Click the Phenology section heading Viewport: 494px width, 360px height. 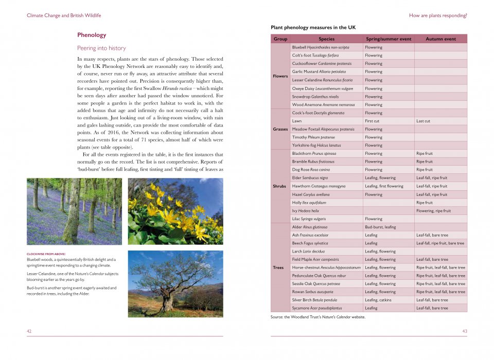tap(92, 35)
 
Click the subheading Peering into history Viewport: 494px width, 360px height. tap(101, 48)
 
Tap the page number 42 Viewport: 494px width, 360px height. tap(29, 331)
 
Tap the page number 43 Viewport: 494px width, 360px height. tap(465, 331)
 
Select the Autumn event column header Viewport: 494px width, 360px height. tap(440, 39)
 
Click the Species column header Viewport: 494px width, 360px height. tap(326, 39)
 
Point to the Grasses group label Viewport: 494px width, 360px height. tap(280, 129)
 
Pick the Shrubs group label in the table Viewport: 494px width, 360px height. tap(280, 186)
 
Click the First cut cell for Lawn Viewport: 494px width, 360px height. tap(372, 121)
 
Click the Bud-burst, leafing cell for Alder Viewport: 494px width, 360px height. tap(380, 227)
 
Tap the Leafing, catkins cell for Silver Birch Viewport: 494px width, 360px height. tap(378, 300)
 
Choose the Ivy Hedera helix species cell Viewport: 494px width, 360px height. tap(305, 211)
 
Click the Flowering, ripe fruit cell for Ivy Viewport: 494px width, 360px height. tap(433, 211)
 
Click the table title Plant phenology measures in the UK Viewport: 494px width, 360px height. tap(313, 27)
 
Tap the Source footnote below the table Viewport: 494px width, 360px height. tap(317, 317)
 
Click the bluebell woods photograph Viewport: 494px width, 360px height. tap(74, 211)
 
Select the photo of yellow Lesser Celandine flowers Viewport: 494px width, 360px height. tap(175, 211)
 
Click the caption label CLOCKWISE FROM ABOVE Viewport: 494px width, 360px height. tap(46, 254)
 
